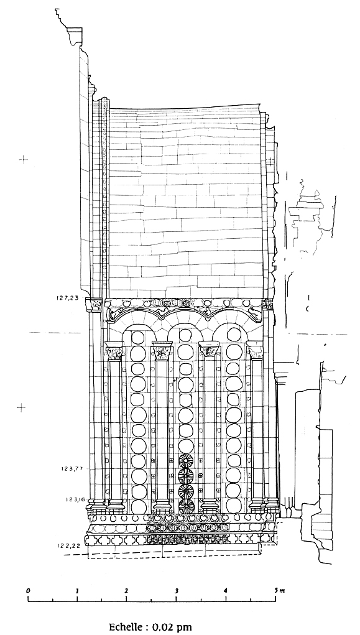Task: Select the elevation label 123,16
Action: click(x=73, y=499)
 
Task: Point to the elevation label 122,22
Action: click(x=70, y=545)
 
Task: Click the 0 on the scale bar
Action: click(x=28, y=590)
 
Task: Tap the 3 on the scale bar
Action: click(x=177, y=590)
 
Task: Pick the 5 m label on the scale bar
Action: click(x=279, y=590)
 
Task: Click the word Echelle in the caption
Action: click(x=126, y=627)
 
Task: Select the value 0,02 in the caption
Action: click(x=163, y=628)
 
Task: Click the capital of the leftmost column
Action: click(x=114, y=351)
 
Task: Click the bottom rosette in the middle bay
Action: click(x=186, y=506)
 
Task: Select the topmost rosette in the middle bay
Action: click(x=186, y=461)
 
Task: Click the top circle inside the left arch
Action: click(x=137, y=337)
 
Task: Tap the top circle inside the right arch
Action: click(x=234, y=335)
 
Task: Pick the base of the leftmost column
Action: click(x=116, y=504)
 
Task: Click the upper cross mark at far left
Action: click(x=24, y=159)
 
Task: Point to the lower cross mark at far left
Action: click(x=21, y=407)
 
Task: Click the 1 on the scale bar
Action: click(x=77, y=590)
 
